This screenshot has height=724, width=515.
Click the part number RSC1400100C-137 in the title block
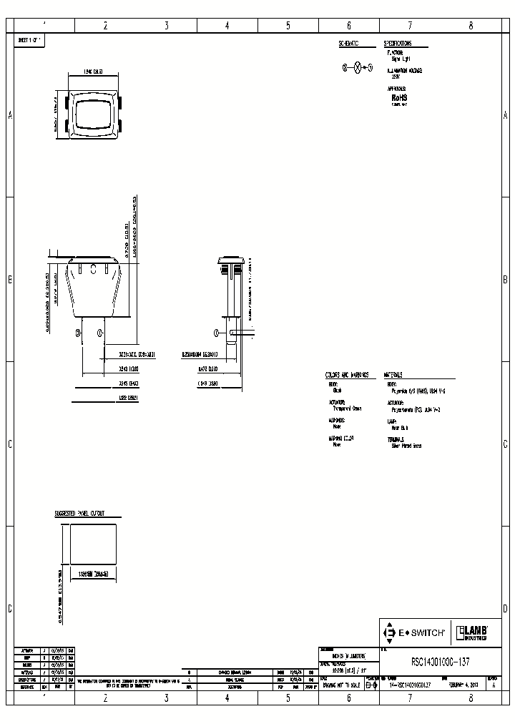point(441,662)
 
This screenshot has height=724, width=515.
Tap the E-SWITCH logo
point(415,632)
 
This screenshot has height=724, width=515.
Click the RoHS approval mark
point(398,97)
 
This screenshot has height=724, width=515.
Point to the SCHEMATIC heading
point(348,44)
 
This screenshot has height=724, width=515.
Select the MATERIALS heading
point(393,374)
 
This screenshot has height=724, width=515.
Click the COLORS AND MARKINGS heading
point(347,374)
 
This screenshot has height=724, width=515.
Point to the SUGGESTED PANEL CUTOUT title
point(80,514)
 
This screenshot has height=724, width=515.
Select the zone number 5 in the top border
point(288,26)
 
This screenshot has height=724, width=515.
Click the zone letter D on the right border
point(505,609)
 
